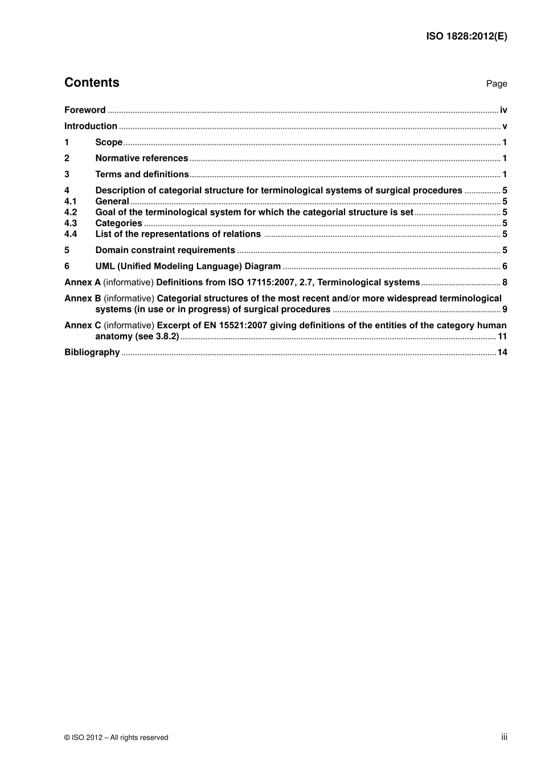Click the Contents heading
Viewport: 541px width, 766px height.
click(x=92, y=83)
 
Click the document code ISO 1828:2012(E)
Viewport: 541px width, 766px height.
click(x=466, y=36)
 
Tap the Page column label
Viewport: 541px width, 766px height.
click(x=496, y=84)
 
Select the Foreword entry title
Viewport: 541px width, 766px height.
click(x=85, y=110)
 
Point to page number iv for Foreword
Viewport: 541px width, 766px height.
click(x=503, y=110)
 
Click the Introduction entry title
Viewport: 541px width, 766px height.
click(x=91, y=126)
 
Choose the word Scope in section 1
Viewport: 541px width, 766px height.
click(x=109, y=142)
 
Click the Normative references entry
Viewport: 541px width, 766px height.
click(x=141, y=158)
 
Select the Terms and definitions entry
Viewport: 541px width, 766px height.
click(x=142, y=174)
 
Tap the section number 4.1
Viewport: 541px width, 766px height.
click(x=71, y=201)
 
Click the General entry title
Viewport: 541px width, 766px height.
click(x=112, y=201)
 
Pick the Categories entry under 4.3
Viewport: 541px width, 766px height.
click(x=118, y=223)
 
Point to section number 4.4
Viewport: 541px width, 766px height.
click(x=71, y=234)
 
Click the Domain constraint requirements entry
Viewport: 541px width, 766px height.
click(x=165, y=250)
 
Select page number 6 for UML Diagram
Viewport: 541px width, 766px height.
click(x=505, y=266)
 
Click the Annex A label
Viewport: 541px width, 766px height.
click(x=82, y=282)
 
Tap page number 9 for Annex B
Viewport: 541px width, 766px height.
click(x=505, y=309)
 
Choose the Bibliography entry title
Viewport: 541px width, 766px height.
click(x=92, y=352)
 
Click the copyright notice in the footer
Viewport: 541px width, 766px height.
click(x=116, y=738)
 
